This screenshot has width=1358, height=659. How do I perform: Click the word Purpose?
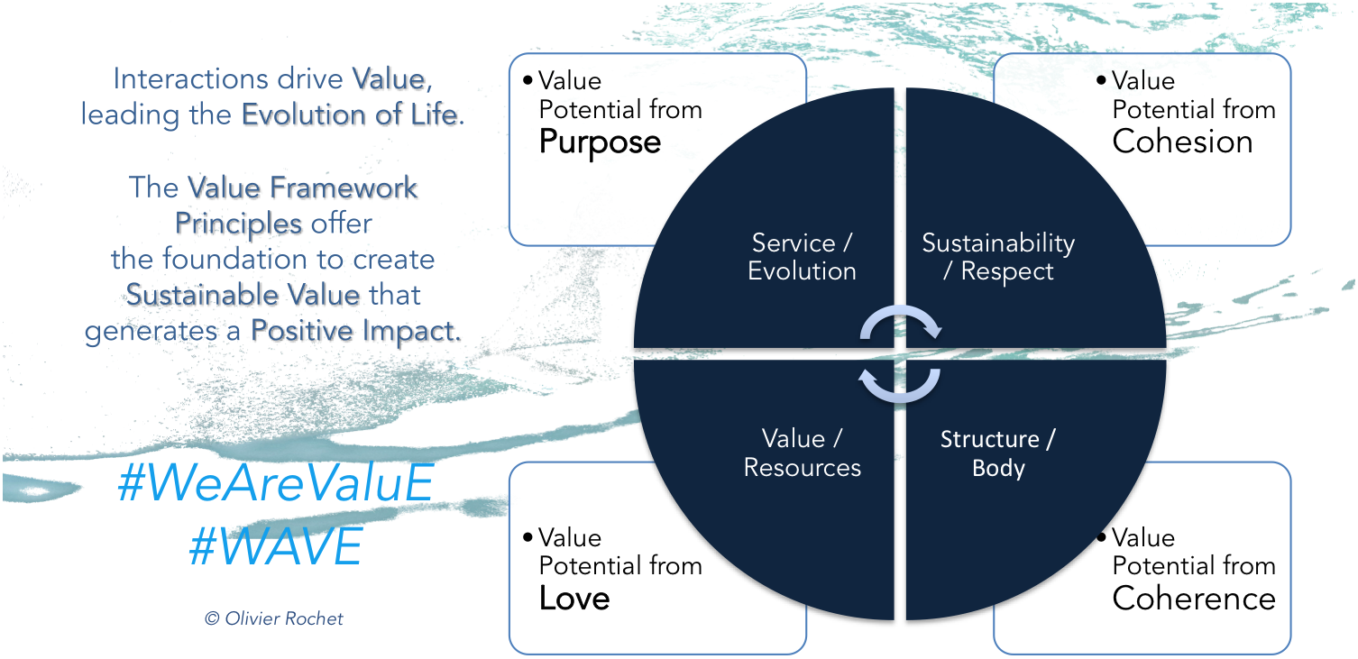(600, 142)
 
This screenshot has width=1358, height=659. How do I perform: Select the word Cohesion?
(1182, 142)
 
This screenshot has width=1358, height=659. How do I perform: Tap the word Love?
(574, 599)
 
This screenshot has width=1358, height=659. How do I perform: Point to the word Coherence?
(1194, 599)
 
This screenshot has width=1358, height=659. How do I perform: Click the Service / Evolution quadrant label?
(802, 257)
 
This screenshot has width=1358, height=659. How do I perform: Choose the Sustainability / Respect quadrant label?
(998, 257)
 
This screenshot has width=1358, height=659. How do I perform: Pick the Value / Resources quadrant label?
(802, 453)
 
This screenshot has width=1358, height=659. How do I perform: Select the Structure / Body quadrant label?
(998, 453)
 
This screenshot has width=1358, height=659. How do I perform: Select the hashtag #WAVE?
(276, 546)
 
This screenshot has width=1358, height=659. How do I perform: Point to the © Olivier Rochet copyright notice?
(273, 618)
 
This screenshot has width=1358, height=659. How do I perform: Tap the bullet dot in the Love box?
(528, 537)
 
